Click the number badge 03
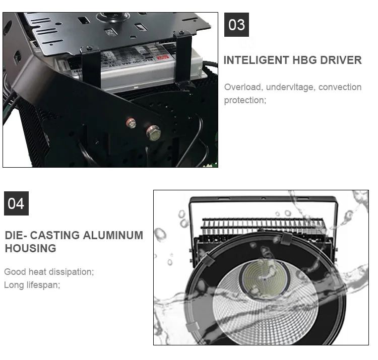pyautogui.click(x=236, y=25)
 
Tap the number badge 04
pyautogui.click(x=16, y=203)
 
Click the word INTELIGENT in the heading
pyautogui.click(x=256, y=60)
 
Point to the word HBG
pyautogui.click(x=304, y=60)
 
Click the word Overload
pyautogui.click(x=243, y=87)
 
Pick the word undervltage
pyautogui.click(x=289, y=87)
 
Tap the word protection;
pyautogui.click(x=245, y=100)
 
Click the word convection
pyautogui.click(x=340, y=87)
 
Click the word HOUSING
pyautogui.click(x=30, y=248)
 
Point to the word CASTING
pyautogui.click(x=56, y=235)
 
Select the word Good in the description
pyautogui.click(x=15, y=272)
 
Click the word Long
pyautogui.click(x=13, y=285)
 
